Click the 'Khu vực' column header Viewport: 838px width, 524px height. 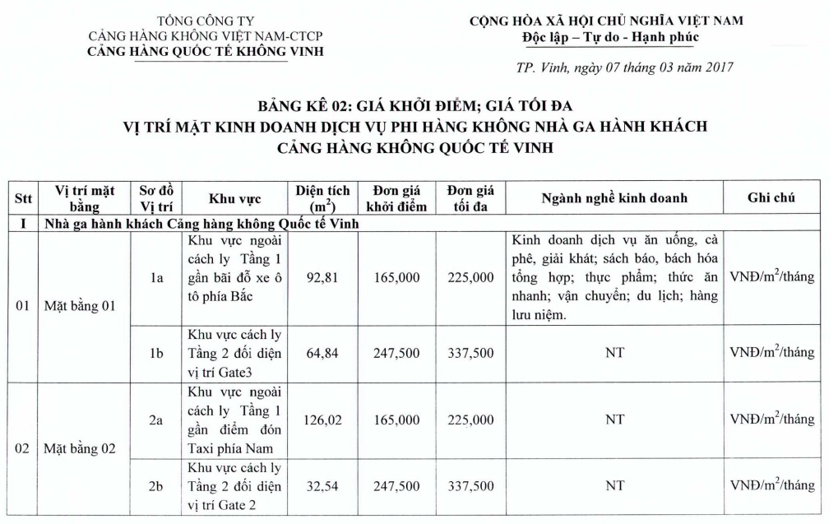(234, 199)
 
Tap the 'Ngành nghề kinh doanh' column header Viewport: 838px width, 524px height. (614, 198)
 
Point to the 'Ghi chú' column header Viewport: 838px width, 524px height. (771, 198)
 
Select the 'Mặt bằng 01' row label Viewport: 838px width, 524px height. (80, 307)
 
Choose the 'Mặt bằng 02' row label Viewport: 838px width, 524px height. (80, 449)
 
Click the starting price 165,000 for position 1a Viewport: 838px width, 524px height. (396, 278)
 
